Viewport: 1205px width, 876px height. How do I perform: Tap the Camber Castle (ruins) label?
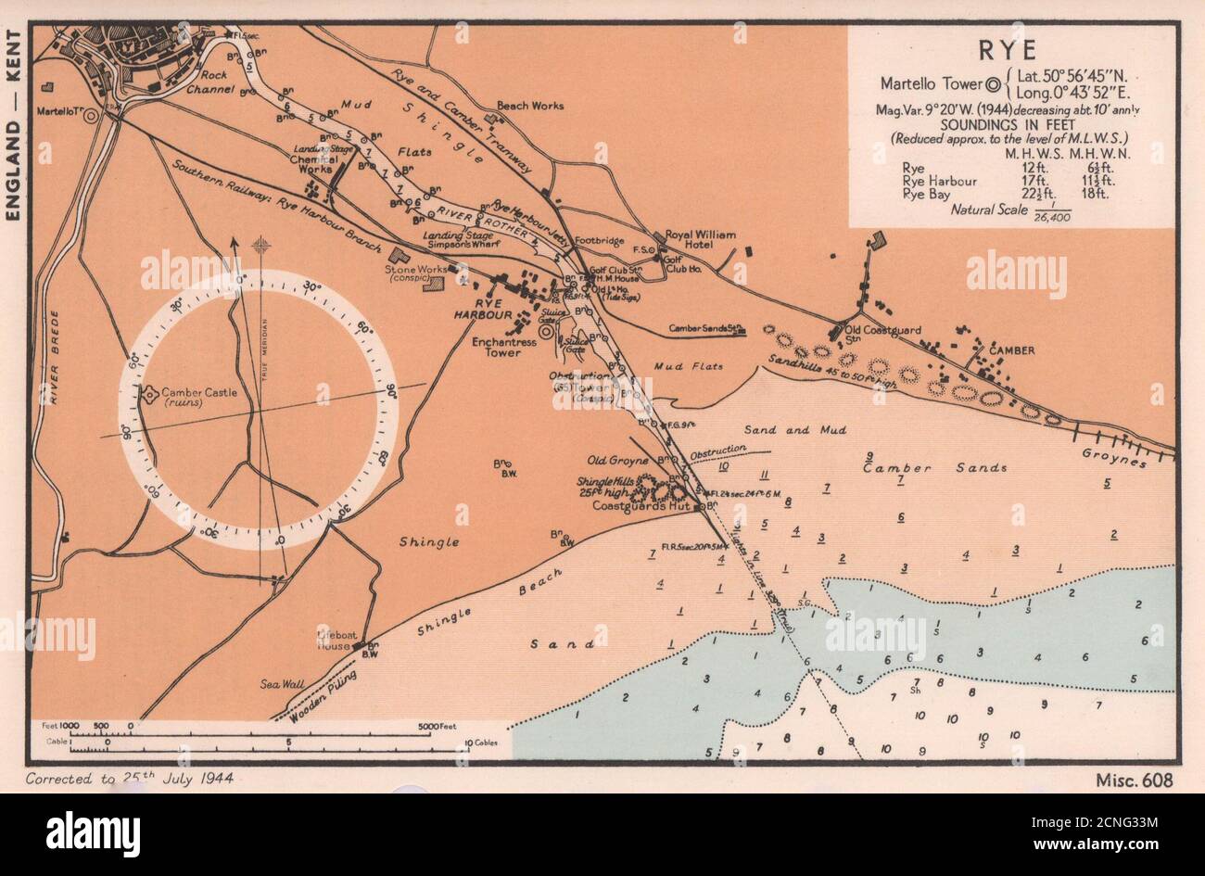tap(199, 398)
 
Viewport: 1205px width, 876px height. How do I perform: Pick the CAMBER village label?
tap(1010, 350)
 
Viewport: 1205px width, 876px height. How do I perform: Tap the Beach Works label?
tap(530, 106)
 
